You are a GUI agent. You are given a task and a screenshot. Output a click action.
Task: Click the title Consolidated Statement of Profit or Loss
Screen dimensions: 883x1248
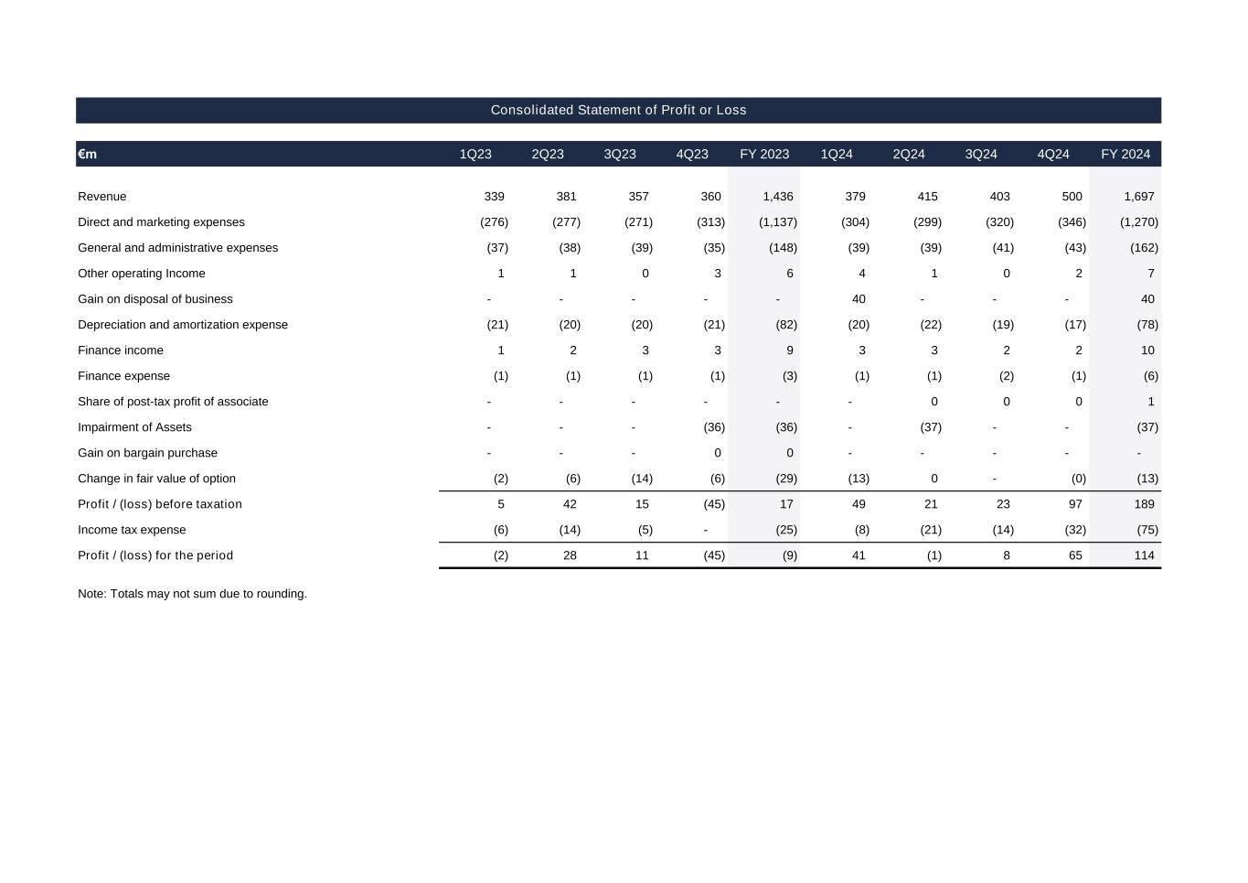point(618,110)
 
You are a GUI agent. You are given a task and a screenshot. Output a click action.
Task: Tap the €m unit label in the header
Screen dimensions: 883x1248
point(88,154)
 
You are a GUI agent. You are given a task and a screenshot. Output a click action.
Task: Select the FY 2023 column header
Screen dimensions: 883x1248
point(763,154)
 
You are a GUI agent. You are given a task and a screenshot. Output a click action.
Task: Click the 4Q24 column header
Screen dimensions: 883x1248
point(1052,154)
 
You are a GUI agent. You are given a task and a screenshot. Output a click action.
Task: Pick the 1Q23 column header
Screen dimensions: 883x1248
point(475,154)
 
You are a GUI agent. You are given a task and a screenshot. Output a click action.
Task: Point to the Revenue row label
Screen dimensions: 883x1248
point(102,197)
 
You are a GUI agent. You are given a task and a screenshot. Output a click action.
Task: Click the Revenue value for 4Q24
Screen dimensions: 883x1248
point(1072,197)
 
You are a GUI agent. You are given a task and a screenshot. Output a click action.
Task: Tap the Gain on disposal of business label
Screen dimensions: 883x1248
point(155,299)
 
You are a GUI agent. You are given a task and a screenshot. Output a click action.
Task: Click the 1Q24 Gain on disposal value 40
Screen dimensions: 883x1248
point(858,299)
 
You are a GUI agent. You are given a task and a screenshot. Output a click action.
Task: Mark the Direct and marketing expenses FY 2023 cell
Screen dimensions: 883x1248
point(777,222)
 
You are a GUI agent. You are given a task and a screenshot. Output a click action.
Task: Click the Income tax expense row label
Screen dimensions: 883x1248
point(132,530)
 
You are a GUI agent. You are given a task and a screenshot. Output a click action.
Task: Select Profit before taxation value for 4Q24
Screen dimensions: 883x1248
point(1075,504)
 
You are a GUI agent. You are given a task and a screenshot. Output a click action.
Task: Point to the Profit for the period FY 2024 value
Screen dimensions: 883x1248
point(1144,555)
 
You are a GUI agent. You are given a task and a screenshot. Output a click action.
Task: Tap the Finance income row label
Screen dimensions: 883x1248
point(121,350)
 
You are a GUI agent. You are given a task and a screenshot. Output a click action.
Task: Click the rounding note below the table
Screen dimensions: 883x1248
point(192,594)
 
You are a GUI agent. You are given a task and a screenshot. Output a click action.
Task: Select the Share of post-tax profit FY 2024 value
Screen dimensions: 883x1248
point(1150,402)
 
